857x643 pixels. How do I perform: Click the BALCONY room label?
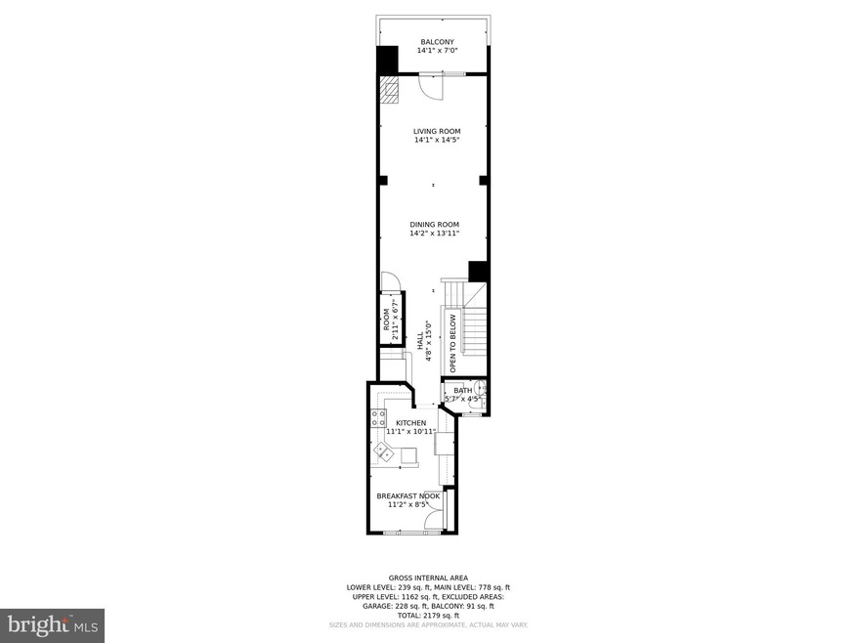point(437,42)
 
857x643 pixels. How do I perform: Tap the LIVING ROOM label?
point(437,131)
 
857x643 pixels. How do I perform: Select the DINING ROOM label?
point(434,225)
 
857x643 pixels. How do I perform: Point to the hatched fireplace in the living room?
point(390,91)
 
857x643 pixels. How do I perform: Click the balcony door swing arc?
point(431,88)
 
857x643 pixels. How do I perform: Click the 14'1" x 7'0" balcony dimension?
point(437,51)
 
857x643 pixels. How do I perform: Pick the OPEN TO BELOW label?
point(453,343)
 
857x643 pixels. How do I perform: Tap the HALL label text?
point(420,341)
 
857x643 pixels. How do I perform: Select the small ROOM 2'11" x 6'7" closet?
point(391,319)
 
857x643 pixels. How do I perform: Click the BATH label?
point(462,390)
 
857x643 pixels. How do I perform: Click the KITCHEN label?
point(410,423)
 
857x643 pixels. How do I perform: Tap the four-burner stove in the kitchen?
point(377,419)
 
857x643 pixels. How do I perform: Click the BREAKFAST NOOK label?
point(408,496)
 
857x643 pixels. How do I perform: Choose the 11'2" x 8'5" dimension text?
point(408,505)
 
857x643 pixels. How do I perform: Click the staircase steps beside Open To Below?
point(475,326)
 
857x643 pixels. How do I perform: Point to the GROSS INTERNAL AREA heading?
point(428,579)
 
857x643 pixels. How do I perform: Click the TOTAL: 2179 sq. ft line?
point(428,616)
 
